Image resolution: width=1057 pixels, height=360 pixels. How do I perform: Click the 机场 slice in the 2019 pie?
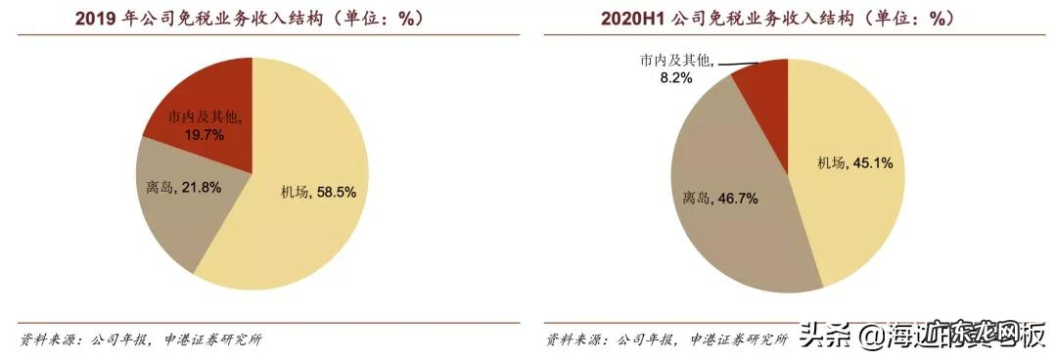(294, 235)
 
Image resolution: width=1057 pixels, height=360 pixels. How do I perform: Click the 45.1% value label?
(871, 163)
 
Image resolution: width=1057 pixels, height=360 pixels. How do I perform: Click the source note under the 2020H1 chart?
(666, 339)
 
